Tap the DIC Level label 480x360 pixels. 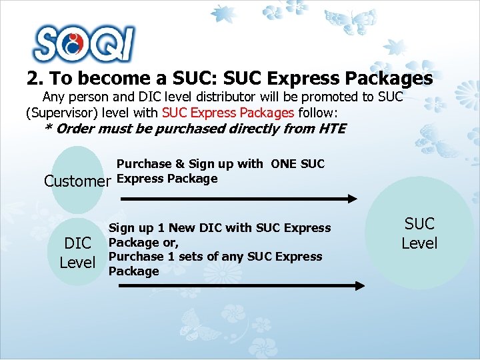point(77,253)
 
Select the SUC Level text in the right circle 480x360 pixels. point(419,233)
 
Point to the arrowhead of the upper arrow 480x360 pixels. point(353,198)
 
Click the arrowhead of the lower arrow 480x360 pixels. point(359,285)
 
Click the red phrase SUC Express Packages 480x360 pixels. point(228,112)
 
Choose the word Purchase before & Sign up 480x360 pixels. point(144,164)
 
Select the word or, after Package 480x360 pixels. point(168,243)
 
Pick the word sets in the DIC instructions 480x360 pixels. point(188,257)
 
